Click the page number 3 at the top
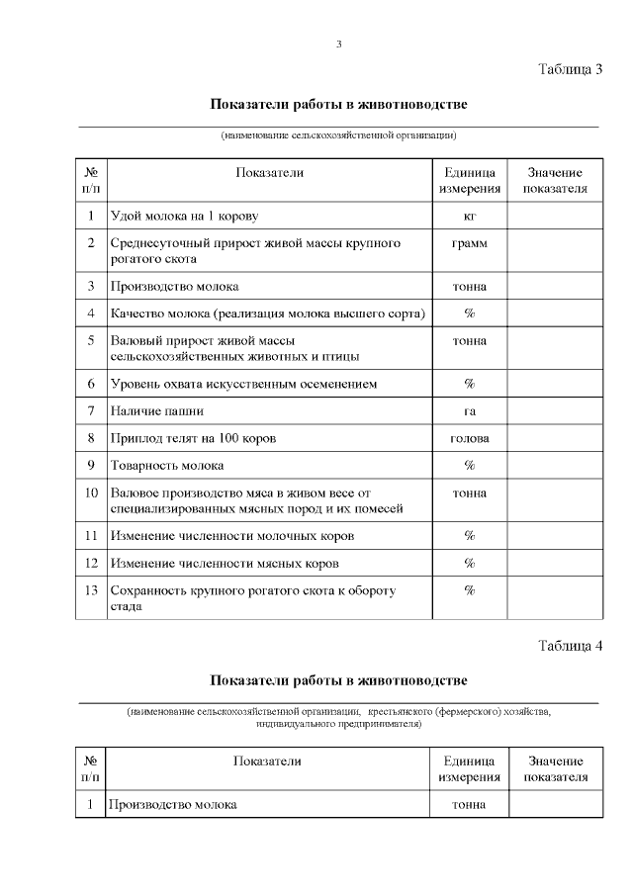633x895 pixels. (x=338, y=44)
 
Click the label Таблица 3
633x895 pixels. (x=570, y=69)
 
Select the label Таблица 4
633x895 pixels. (x=570, y=646)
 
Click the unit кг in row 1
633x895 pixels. (x=469, y=216)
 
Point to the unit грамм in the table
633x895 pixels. (x=469, y=242)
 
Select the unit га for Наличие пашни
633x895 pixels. (x=469, y=410)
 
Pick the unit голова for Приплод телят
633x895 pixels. (x=469, y=438)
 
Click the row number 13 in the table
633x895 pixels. (x=90, y=590)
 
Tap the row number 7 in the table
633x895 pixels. (x=90, y=410)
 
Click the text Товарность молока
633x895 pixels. (x=167, y=465)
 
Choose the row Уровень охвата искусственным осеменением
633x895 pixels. (x=243, y=383)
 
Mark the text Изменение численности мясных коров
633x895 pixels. (x=225, y=563)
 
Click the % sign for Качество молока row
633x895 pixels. (x=469, y=313)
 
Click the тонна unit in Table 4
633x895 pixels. (x=469, y=804)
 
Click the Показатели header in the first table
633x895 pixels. (x=269, y=173)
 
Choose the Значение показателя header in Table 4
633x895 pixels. (x=555, y=768)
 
